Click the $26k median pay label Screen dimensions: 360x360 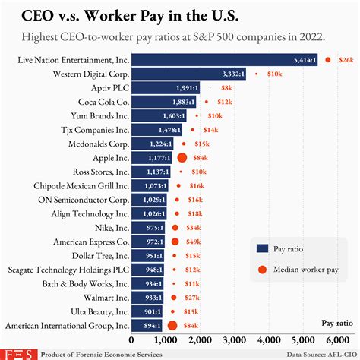[x=346, y=59]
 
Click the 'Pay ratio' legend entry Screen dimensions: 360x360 [x=289, y=248]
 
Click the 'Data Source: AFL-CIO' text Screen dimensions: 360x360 [x=319, y=354]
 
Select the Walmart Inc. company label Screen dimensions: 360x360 [x=101, y=297]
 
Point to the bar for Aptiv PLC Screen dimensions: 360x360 [x=166, y=87]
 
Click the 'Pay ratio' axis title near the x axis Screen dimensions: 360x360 [x=337, y=323]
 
